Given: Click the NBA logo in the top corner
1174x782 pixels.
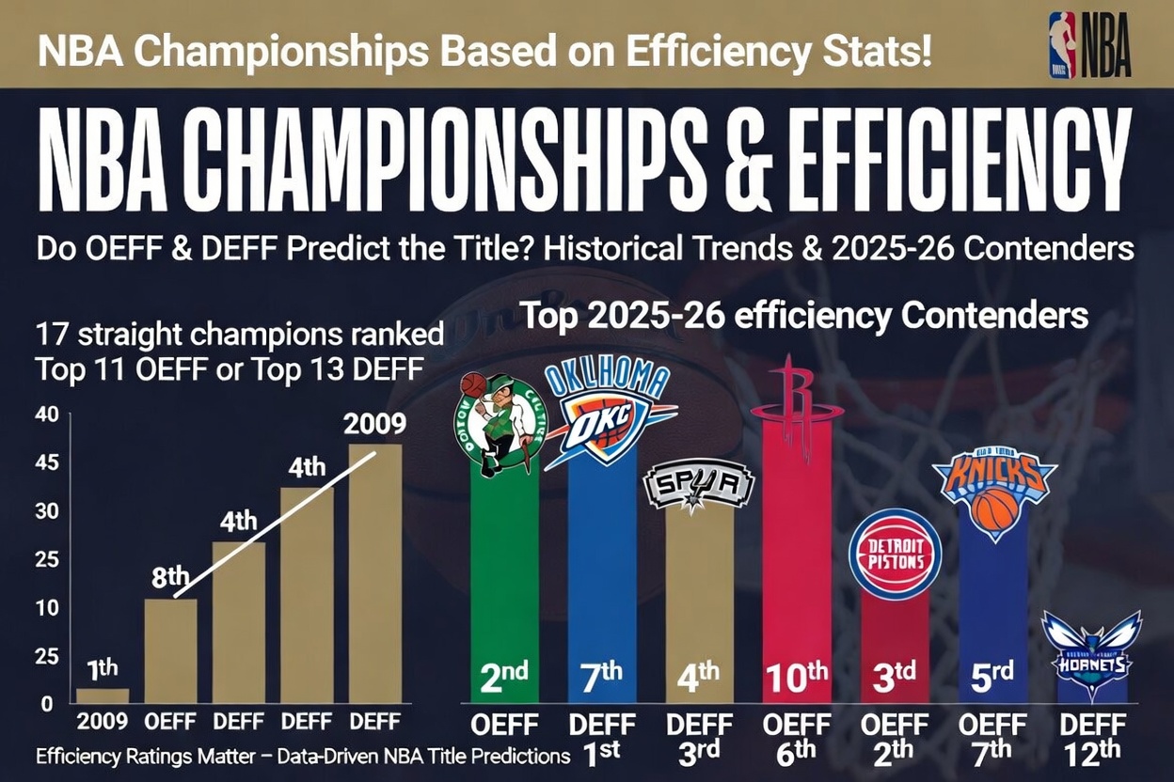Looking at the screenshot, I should point(1089,44).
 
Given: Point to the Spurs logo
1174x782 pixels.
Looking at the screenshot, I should point(698,486).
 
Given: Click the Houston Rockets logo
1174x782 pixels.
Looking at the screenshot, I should point(797,407).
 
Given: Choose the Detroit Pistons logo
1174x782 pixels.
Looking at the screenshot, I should point(895,553).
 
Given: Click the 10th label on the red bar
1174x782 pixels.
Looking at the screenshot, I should point(796,678).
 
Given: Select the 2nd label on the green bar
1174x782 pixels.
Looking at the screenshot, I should point(504,678).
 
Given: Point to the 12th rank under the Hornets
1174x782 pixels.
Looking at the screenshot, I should point(1092,753).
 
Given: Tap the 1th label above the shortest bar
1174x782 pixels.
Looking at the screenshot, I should point(103,669).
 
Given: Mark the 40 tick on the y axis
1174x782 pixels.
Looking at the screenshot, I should point(47,414).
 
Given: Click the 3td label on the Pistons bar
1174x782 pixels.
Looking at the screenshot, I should point(895,678).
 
